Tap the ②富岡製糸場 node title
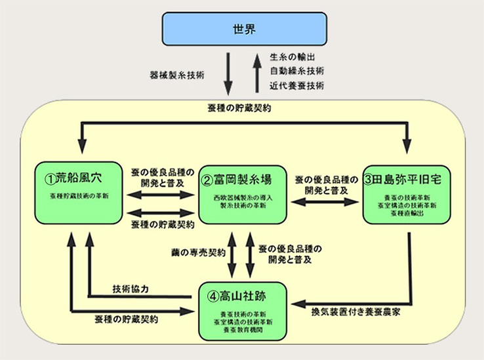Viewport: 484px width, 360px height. [240, 178]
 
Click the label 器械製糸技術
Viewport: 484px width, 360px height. [176, 75]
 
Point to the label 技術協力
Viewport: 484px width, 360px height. [134, 289]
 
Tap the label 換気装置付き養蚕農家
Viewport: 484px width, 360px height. [354, 312]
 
